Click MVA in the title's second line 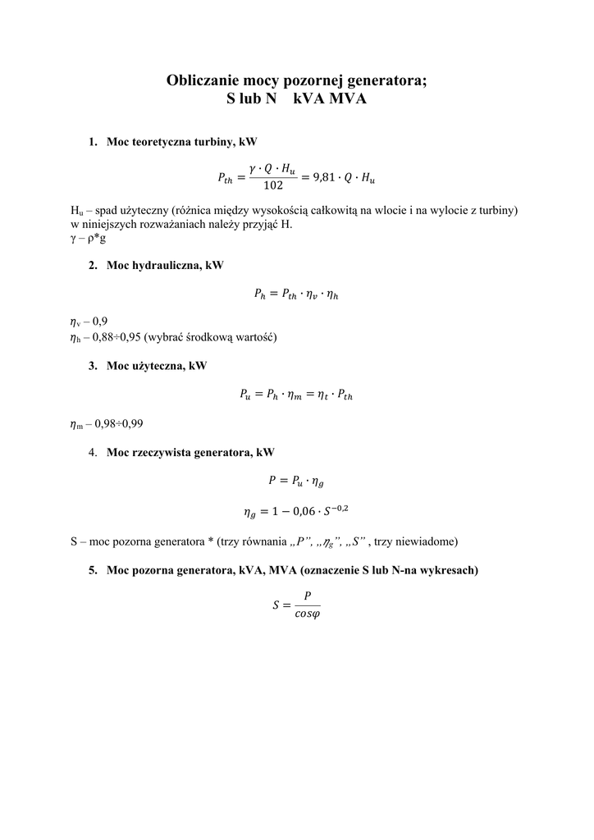pos(348,99)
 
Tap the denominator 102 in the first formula pos(273,185)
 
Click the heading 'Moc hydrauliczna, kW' pos(164,266)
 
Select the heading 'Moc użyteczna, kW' pos(157,366)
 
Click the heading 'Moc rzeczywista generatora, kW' pos(190,452)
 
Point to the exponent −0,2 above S pos(338,509)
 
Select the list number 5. pos(93,570)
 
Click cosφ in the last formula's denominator pos(307,617)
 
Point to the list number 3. pos(93,366)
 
